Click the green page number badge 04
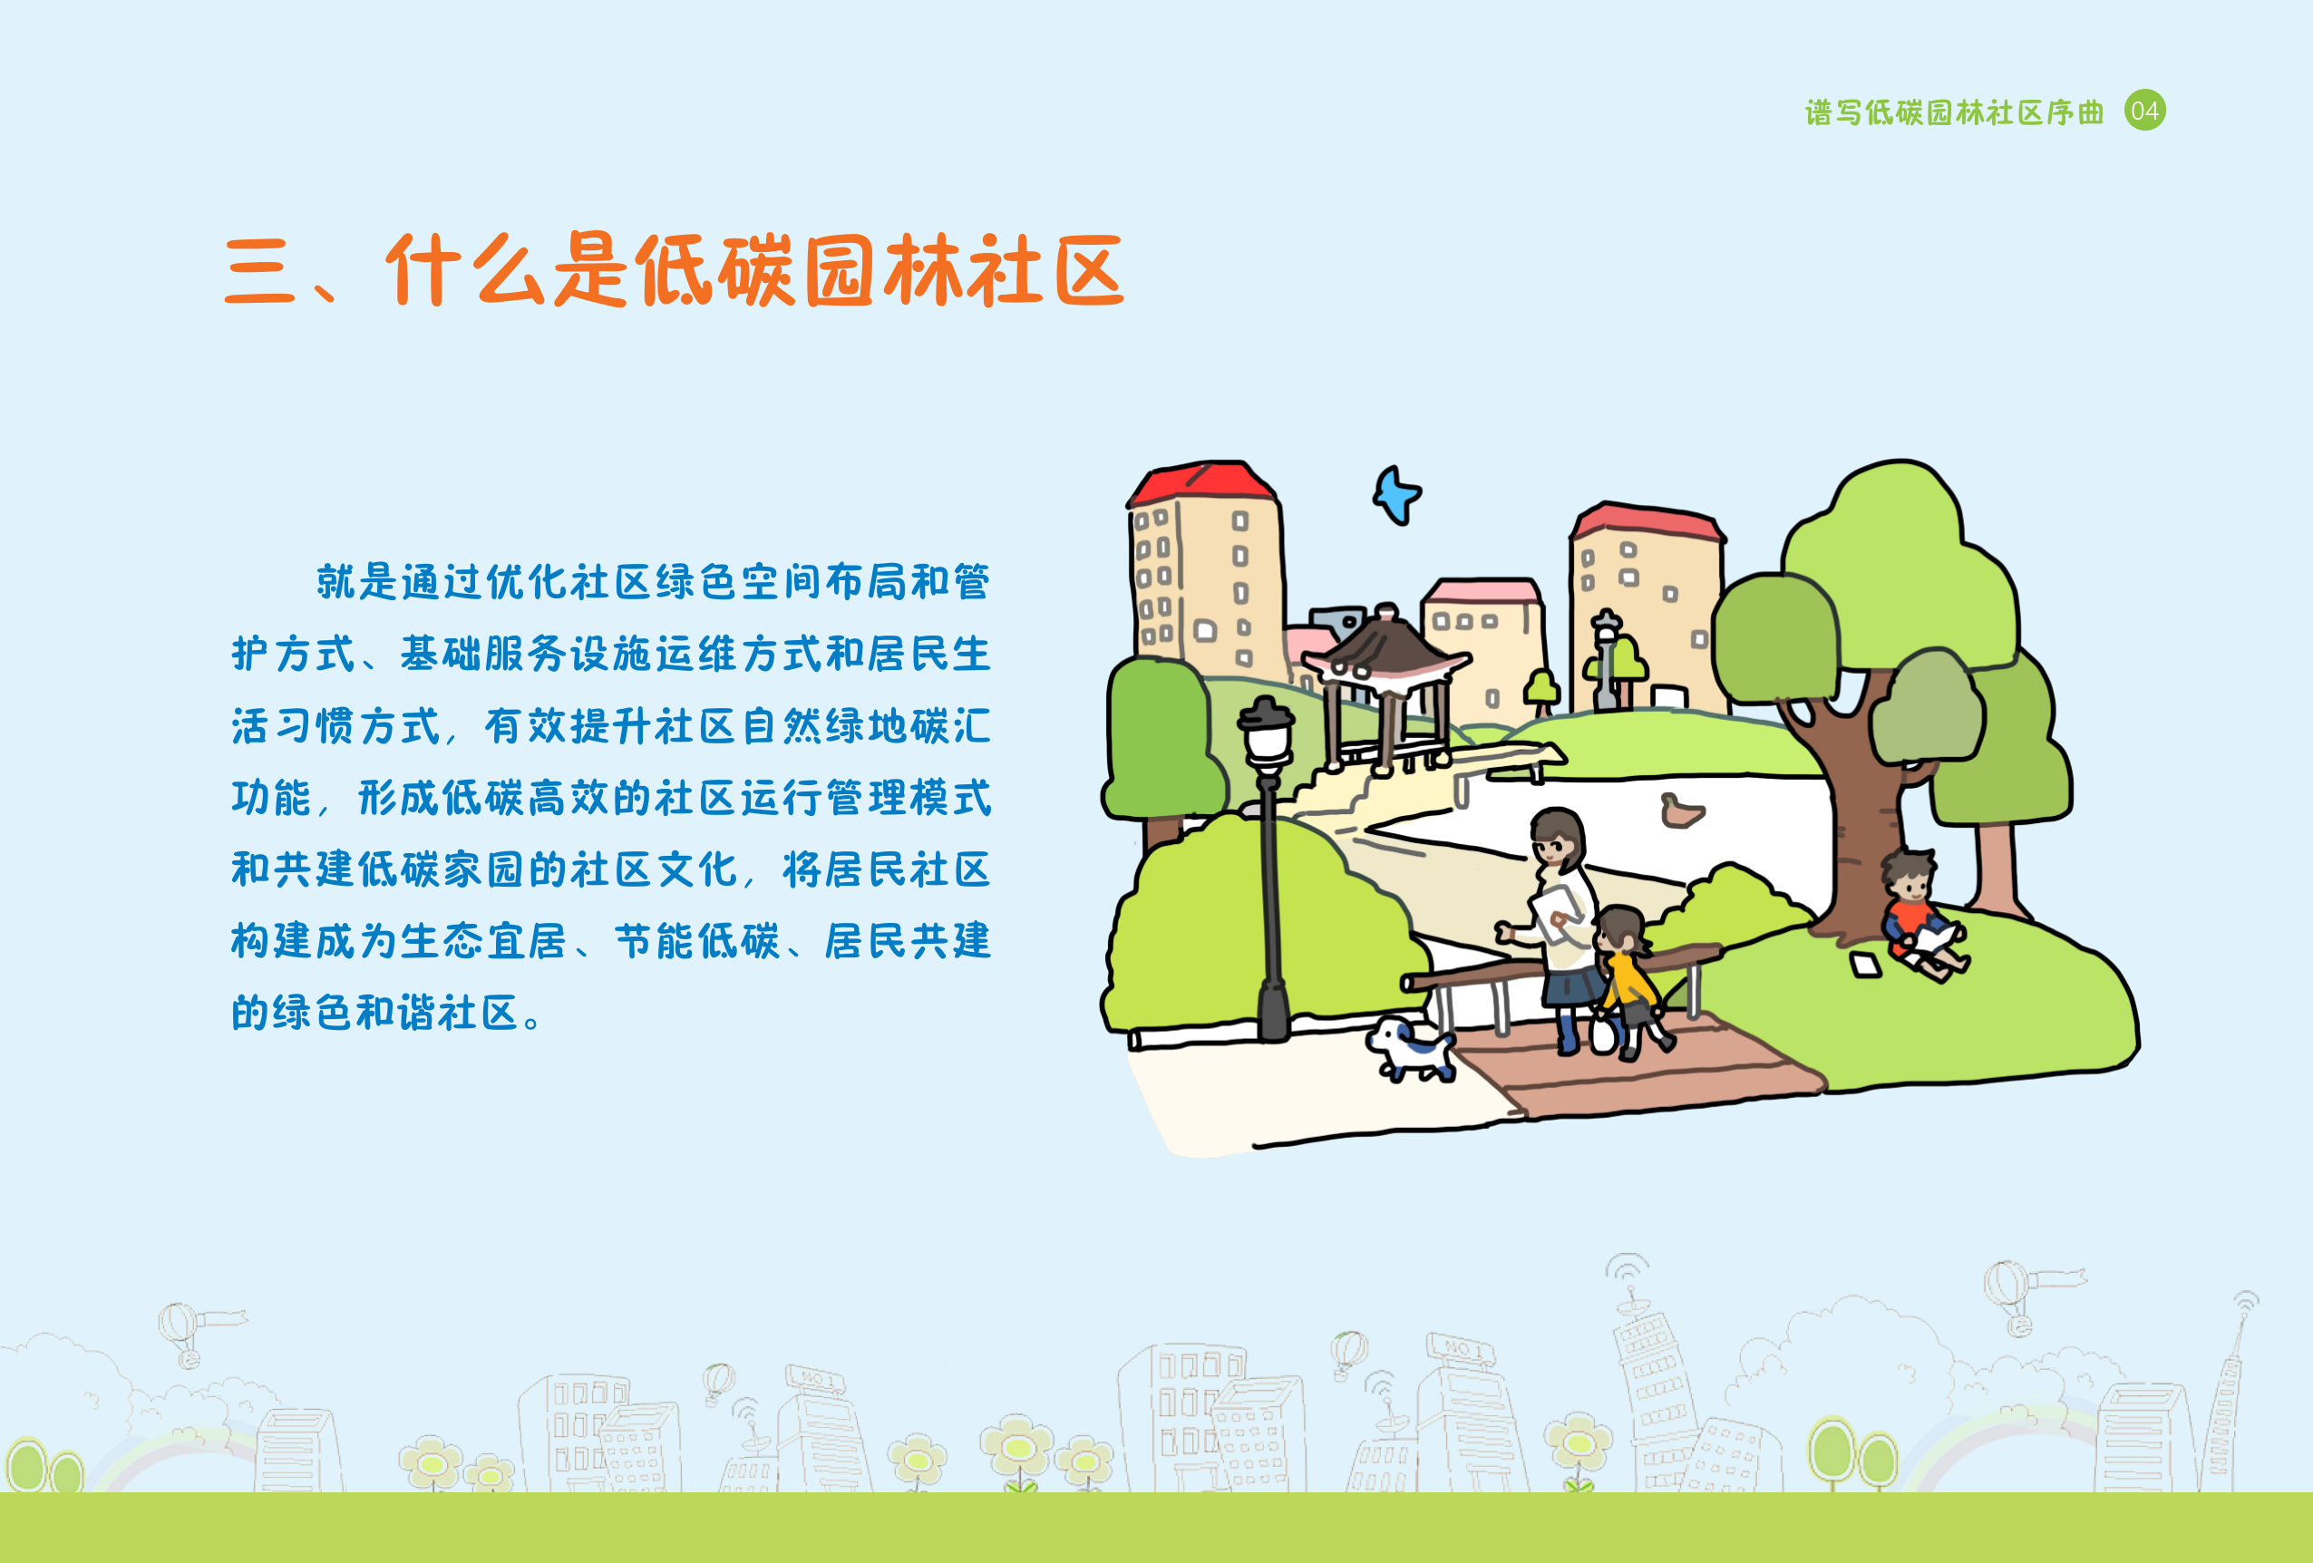coord(2144,111)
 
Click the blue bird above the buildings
coord(1396,494)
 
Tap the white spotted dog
coord(1413,1049)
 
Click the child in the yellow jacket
coord(1628,980)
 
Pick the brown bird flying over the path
coord(1681,811)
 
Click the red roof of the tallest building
coord(1202,482)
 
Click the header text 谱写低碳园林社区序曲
coord(1955,112)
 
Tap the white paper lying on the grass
coord(1864,964)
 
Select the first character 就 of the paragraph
coord(335,582)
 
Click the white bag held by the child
coord(1602,1033)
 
